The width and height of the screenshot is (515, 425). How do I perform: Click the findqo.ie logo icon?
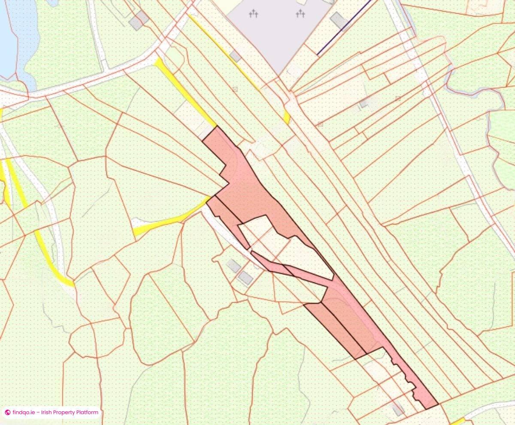pos(7,413)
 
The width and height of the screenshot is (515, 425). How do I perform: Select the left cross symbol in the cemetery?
pos(254,14)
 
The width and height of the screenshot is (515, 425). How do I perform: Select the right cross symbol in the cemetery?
pos(300,14)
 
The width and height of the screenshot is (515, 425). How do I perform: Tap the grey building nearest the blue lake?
pos(138,20)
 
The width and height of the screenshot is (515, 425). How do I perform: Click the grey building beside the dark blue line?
pos(339,20)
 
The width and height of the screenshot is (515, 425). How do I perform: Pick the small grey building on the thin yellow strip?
pos(235,56)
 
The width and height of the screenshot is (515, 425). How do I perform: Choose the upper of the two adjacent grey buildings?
pos(234,266)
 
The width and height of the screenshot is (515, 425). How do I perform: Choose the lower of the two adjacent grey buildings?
pos(245,278)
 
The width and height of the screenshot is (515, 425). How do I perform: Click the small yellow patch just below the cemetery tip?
pos(287,117)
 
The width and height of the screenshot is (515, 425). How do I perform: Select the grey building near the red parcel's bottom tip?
pos(398,409)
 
